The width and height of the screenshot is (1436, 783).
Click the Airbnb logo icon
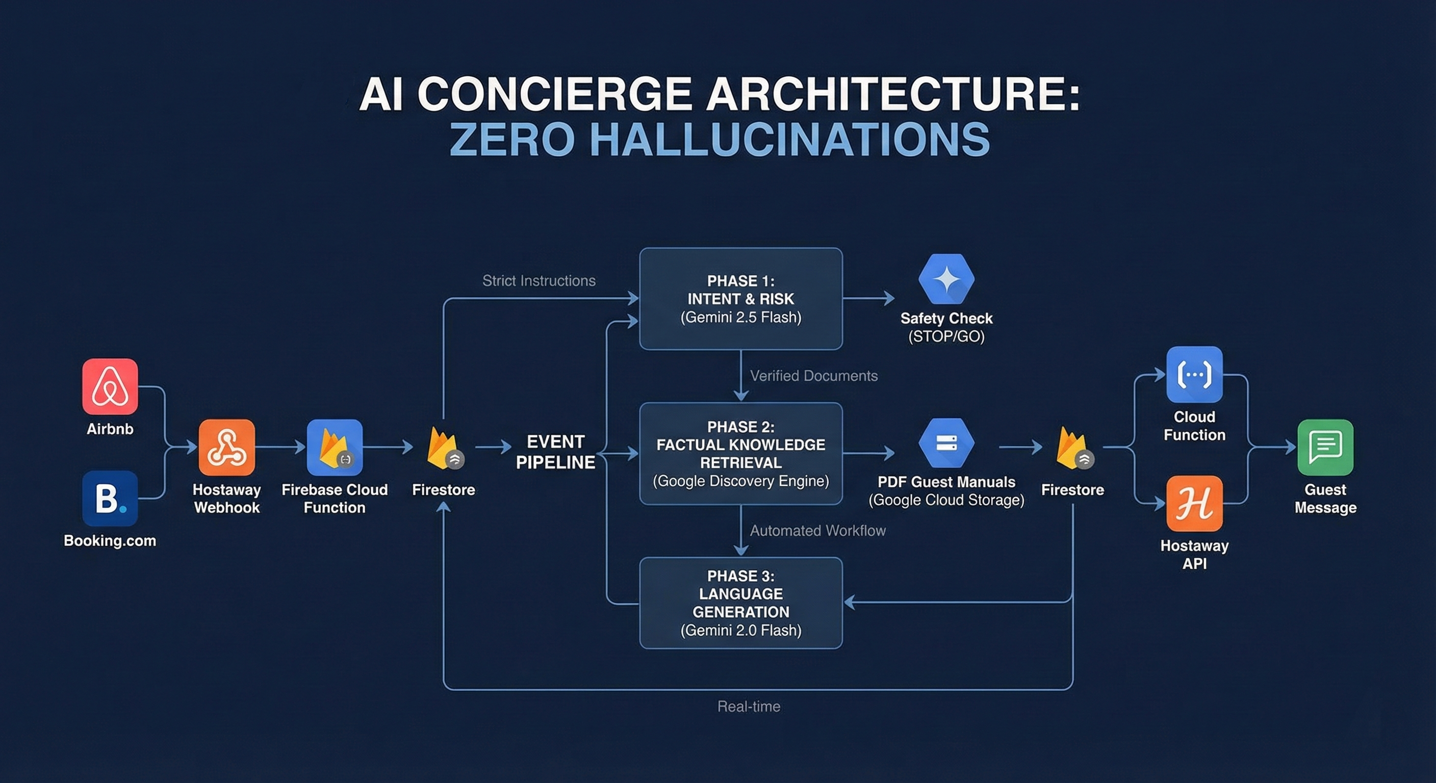click(110, 386)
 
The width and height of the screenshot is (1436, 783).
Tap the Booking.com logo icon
click(110, 498)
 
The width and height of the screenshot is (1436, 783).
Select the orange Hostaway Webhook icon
click(227, 448)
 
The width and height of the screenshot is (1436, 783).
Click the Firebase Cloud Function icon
click(335, 448)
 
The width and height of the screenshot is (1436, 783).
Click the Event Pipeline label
click(555, 452)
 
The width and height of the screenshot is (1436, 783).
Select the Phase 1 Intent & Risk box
click(740, 299)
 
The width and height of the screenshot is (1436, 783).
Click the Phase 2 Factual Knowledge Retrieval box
click(740, 454)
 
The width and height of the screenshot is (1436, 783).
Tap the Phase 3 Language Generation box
click(740, 603)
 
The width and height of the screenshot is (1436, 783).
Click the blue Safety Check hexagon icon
click(946, 279)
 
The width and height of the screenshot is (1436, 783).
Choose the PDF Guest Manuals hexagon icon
click(946, 443)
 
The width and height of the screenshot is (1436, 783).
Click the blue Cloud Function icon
click(1194, 375)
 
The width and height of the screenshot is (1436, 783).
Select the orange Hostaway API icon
click(1194, 503)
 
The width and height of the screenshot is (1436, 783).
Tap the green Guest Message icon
click(1325, 448)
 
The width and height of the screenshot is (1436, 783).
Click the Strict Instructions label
click(538, 281)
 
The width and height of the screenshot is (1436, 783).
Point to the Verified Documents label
click(813, 376)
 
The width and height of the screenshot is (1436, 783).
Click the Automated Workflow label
click(817, 531)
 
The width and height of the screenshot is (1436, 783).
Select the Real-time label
click(749, 707)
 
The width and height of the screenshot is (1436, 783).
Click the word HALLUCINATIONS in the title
click(789, 140)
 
